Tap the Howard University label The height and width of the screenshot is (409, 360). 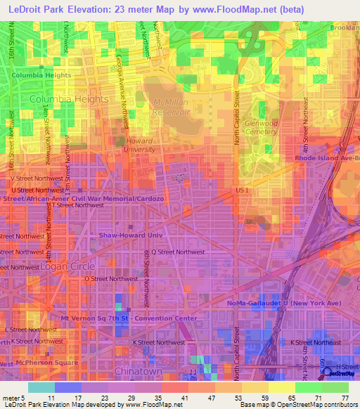tap(139, 145)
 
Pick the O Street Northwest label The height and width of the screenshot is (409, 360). tap(110, 278)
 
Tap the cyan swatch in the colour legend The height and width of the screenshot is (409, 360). tap(41, 387)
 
